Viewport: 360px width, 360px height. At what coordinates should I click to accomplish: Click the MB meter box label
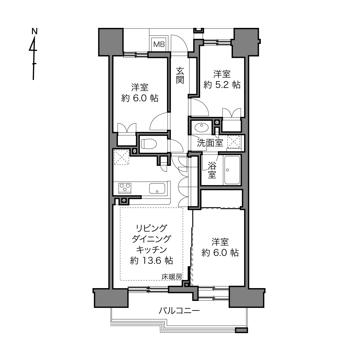pyautogui.click(x=159, y=45)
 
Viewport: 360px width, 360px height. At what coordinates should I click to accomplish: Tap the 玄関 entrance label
pyautogui.click(x=180, y=75)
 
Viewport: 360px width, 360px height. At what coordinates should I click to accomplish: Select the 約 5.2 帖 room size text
pyautogui.click(x=222, y=85)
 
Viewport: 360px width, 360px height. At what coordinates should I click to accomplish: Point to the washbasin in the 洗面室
pyautogui.click(x=202, y=128)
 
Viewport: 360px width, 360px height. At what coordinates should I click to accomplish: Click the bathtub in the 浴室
pyautogui.click(x=232, y=170)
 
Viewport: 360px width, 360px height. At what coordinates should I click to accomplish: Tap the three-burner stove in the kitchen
pyautogui.click(x=125, y=188)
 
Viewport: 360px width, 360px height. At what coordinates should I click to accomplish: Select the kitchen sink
pyautogui.click(x=157, y=188)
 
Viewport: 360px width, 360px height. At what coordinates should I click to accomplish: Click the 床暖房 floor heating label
pyautogui.click(x=172, y=277)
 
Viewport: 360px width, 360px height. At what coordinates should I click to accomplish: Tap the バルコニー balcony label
pyautogui.click(x=179, y=311)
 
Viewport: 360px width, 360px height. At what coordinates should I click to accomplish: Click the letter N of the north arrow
pyautogui.click(x=35, y=31)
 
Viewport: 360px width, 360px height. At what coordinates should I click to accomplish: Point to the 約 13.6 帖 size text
pyautogui.click(x=151, y=261)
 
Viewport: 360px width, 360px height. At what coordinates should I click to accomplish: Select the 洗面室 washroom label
pyautogui.click(x=210, y=143)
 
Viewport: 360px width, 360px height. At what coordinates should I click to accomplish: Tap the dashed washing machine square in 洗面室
pyautogui.click(x=234, y=142)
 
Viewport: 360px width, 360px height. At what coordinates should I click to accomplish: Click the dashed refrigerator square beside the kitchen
pyautogui.click(x=121, y=157)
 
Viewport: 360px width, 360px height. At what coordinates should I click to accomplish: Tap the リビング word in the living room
pyautogui.click(x=151, y=228)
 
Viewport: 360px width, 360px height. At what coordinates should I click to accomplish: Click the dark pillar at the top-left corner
pyautogui.click(x=111, y=42)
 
